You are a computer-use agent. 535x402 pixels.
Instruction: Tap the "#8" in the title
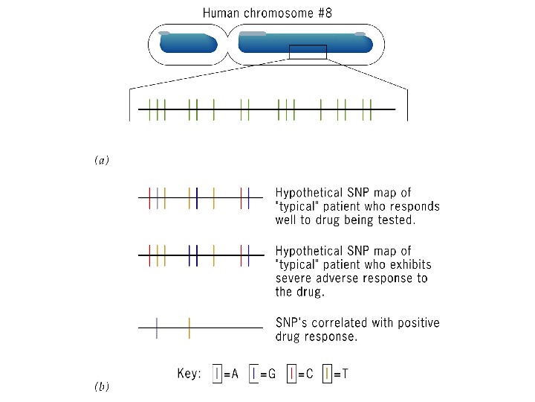tap(321, 13)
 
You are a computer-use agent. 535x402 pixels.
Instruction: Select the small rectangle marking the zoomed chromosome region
tap(308, 51)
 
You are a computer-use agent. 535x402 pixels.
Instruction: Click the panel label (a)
tap(102, 160)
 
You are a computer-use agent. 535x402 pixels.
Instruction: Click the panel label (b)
tap(102, 386)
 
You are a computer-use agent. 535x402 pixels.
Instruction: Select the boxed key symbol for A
tap(217, 374)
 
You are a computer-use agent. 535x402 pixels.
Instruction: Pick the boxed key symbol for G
tap(254, 374)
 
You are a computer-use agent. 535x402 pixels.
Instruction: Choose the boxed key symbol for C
tap(291, 374)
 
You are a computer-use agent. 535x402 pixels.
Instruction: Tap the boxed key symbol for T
tap(327, 374)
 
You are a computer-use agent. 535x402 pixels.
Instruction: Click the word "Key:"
tap(189, 374)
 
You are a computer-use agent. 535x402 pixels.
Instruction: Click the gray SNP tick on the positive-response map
tap(157, 328)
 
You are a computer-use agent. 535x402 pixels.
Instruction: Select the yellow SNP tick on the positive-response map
tap(189, 328)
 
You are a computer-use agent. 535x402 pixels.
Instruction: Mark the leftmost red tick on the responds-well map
tap(150, 198)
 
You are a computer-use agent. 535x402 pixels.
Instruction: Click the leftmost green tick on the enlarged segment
tap(149, 109)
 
